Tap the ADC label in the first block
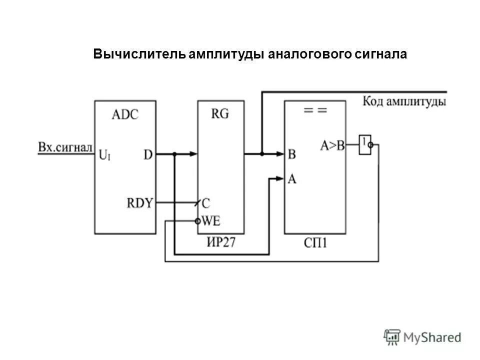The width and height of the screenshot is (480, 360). (x=125, y=114)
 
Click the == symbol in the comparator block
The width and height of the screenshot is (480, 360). (x=315, y=111)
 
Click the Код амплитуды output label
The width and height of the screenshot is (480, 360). (x=404, y=102)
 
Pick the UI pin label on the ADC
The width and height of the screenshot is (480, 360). (x=105, y=155)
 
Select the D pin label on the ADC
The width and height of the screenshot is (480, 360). (x=148, y=155)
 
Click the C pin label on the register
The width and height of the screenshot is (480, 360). (x=206, y=203)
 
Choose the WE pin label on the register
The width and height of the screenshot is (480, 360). (x=211, y=220)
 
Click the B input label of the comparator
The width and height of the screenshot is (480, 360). (x=291, y=154)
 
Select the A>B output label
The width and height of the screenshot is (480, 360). (x=332, y=145)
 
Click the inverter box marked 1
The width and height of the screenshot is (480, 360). (x=364, y=145)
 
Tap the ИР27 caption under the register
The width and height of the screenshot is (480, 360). (x=220, y=243)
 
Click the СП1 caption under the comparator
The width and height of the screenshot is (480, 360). (x=315, y=243)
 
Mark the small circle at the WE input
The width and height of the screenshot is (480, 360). (x=197, y=220)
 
